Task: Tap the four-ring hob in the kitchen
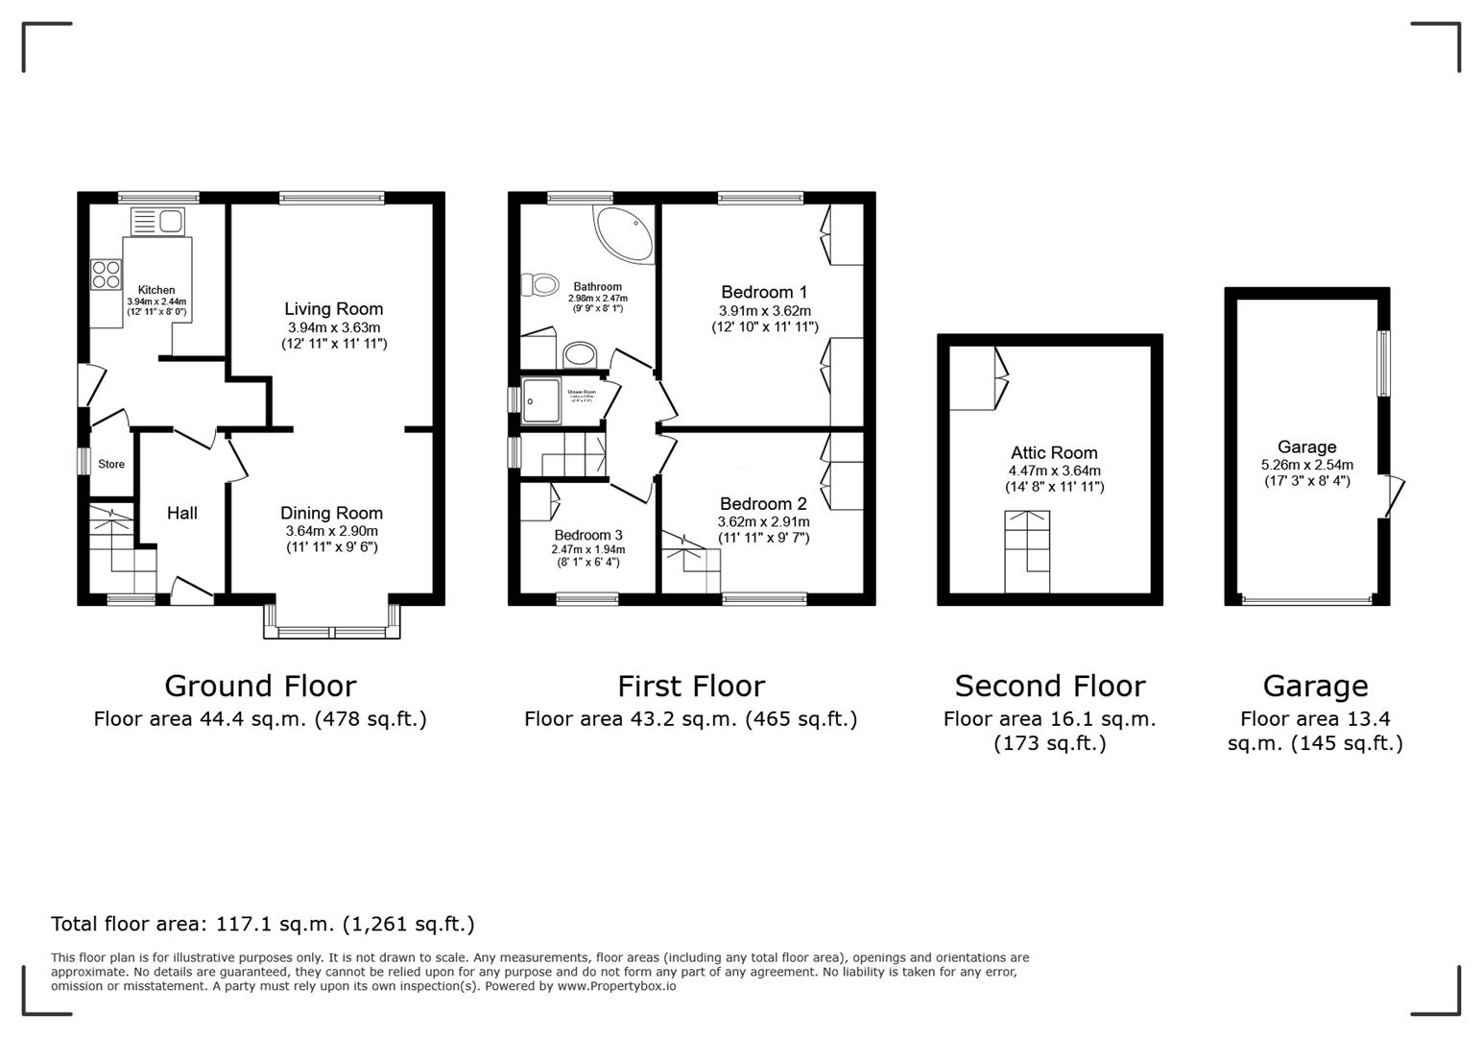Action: [x=107, y=276]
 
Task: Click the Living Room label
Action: [x=333, y=309]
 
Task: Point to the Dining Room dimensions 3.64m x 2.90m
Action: [x=332, y=531]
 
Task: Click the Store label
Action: [x=111, y=465]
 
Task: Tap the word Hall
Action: [x=182, y=514]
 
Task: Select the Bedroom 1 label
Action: [x=764, y=292]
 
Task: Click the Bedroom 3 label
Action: [x=587, y=536]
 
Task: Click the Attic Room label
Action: [x=1054, y=453]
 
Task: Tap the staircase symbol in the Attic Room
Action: [x=1027, y=551]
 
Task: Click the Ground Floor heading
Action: [x=260, y=687]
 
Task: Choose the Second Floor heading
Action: [x=1049, y=687]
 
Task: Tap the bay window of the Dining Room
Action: [x=332, y=631]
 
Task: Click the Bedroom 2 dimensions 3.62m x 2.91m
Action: [x=764, y=522]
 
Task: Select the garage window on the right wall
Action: [x=1383, y=363]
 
